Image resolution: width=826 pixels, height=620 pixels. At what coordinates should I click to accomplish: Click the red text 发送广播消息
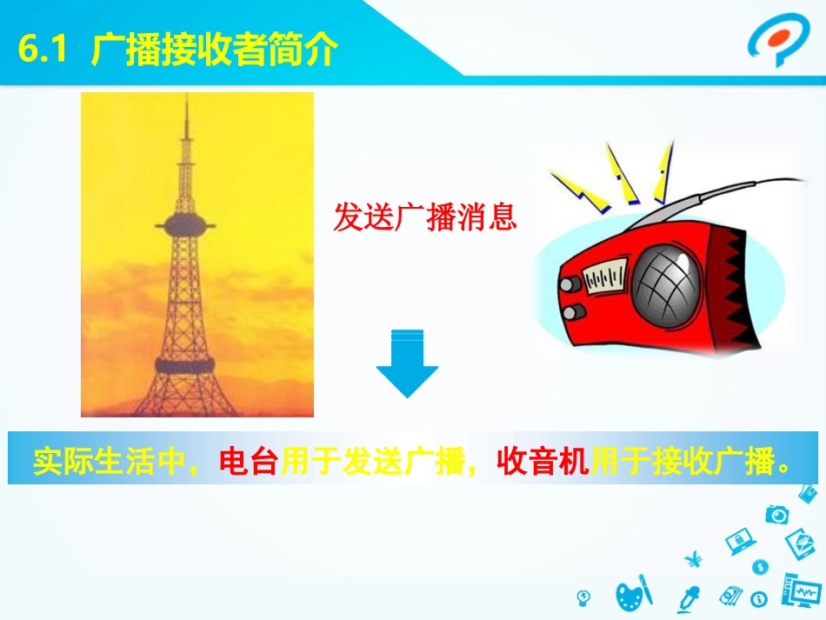click(x=425, y=217)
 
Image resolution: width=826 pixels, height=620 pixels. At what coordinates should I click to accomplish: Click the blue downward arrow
click(x=407, y=364)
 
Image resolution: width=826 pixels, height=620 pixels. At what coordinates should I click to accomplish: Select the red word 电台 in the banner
click(x=248, y=461)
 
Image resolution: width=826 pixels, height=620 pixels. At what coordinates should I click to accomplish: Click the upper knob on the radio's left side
click(x=570, y=284)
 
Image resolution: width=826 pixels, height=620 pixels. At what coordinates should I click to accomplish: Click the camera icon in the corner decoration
click(x=776, y=514)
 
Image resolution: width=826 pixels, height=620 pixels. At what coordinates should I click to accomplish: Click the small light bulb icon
click(x=584, y=598)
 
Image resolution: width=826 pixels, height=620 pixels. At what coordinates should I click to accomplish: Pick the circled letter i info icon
click(x=758, y=598)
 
